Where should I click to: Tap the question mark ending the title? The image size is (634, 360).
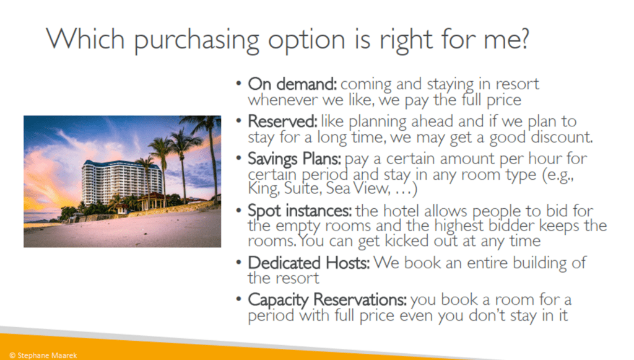pos(523,38)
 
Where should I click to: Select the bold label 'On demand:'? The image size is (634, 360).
pos(292,84)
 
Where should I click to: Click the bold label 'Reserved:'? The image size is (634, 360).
pos(282,121)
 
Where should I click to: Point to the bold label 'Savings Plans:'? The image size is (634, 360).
pos(295,159)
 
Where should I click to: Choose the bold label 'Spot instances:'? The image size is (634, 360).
pos(300,211)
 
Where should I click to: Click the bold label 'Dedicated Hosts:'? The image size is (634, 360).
pos(309,263)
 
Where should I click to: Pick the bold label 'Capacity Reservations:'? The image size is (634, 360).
pos(328,300)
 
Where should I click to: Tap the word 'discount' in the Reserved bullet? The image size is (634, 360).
pos(561,137)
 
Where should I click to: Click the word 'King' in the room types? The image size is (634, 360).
pos(263,189)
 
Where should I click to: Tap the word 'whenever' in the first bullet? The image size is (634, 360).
pos(283,100)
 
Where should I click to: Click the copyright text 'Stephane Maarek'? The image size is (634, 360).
pos(47,356)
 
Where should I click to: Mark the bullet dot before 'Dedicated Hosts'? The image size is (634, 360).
pos(239,263)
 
